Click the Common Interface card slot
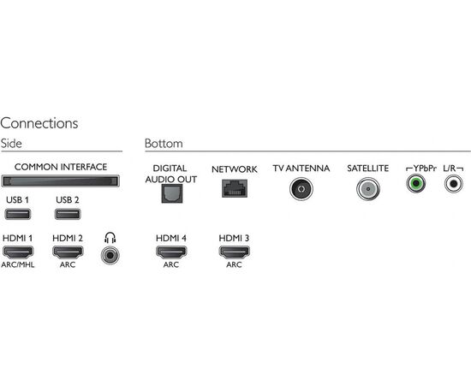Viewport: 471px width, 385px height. tap(61, 181)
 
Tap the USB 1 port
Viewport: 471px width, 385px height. tap(18, 214)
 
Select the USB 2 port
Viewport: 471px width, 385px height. tap(68, 214)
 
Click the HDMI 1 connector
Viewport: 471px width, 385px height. tap(18, 252)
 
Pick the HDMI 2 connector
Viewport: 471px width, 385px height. tap(68, 252)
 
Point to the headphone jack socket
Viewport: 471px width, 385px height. tap(110, 255)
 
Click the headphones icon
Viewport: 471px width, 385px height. tap(110, 238)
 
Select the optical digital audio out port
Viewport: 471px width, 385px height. tap(172, 193)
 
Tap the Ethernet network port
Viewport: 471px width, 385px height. tap(235, 188)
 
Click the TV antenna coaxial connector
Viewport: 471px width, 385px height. tap(301, 189)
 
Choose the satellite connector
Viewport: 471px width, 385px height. tap(368, 189)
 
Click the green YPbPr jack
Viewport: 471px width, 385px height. tap(415, 183)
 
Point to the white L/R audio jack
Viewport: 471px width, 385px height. tap(454, 183)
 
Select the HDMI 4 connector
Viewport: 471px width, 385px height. tap(171, 252)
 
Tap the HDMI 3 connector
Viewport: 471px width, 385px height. tap(235, 252)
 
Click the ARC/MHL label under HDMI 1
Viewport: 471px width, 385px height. tap(18, 264)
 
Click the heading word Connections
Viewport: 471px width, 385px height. tap(39, 123)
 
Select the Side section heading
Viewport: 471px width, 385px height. tap(11, 144)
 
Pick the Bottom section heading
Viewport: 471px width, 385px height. tap(164, 144)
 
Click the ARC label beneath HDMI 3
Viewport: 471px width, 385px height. tap(234, 264)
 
